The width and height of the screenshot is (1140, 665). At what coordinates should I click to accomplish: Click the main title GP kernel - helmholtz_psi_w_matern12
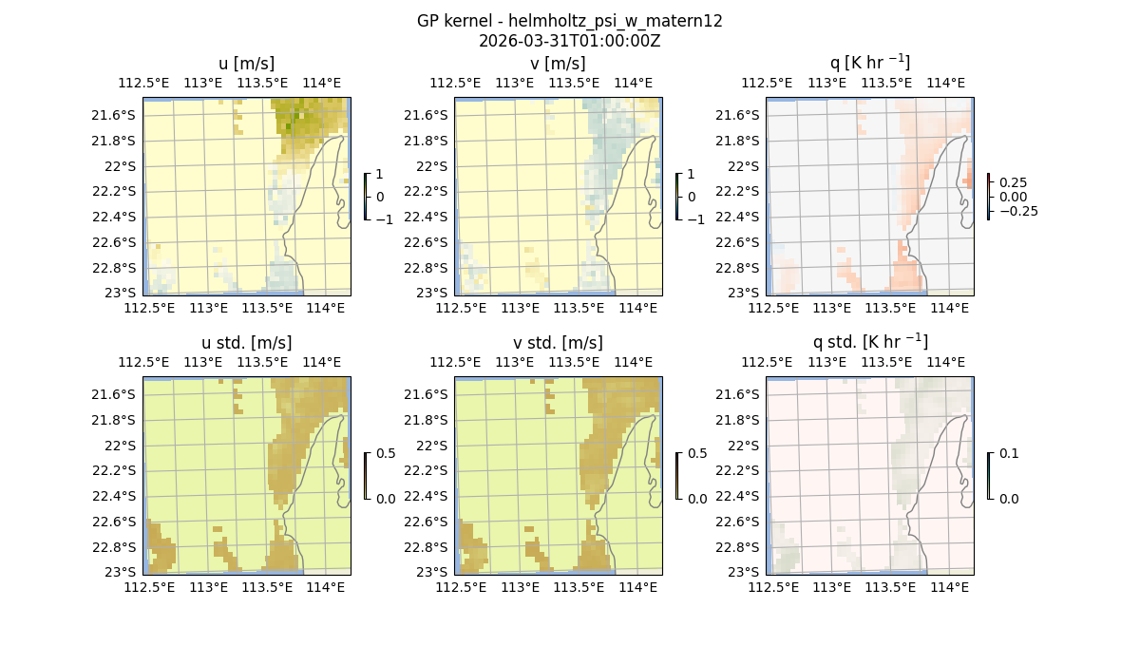click(569, 21)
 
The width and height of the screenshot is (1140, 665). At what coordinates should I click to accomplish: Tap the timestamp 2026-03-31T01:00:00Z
click(569, 40)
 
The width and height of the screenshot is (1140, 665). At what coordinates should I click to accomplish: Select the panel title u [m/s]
click(246, 64)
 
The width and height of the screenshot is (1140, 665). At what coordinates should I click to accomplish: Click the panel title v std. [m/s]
click(558, 343)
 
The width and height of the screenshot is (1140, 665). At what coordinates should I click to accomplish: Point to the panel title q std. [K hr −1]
click(869, 342)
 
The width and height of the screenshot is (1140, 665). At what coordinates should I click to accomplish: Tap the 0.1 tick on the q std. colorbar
click(1007, 454)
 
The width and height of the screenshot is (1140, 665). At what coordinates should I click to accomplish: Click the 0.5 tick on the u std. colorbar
click(386, 453)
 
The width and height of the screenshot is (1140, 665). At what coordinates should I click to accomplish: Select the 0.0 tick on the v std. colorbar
click(697, 498)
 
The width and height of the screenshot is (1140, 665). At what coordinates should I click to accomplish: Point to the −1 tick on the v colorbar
click(694, 218)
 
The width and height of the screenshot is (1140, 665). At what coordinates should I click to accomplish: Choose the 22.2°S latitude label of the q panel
click(742, 191)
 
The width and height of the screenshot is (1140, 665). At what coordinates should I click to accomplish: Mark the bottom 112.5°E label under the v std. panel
click(461, 588)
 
